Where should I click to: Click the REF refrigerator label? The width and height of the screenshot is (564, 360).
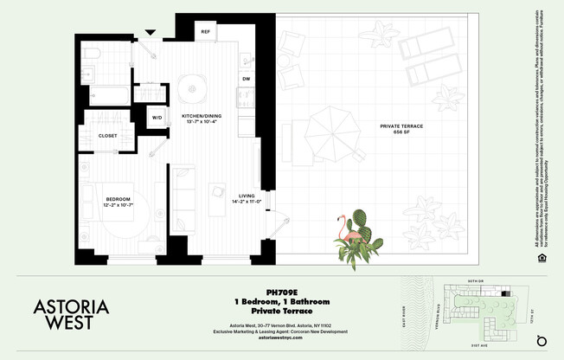coord(206,31)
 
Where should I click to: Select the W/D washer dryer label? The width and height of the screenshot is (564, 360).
coord(157,117)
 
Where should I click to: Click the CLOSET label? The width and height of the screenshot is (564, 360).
coord(108,136)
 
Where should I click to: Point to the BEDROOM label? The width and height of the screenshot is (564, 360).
coord(119,198)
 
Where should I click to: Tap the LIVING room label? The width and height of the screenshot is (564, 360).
coord(247,196)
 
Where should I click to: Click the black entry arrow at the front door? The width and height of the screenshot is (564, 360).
coord(151,34)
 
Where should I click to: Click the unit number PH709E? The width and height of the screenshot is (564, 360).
coord(282,292)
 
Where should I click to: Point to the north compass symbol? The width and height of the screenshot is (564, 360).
coord(542,337)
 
